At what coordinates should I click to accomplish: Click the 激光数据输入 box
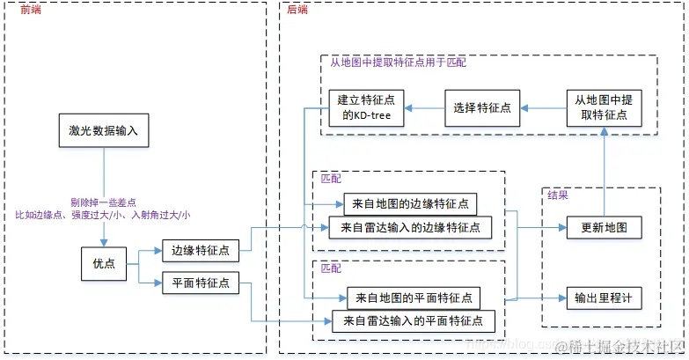point(103,130)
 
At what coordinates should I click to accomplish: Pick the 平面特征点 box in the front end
point(200,283)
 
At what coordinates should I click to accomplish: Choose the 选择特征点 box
point(481,107)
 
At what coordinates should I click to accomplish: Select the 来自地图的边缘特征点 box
point(409,204)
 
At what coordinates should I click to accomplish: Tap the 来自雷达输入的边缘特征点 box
point(409,227)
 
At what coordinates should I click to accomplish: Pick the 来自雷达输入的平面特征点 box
point(414,320)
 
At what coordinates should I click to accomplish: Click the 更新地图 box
point(603,227)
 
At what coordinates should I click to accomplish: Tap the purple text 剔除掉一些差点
point(103,202)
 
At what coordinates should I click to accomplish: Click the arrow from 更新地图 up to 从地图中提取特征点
point(604,171)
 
